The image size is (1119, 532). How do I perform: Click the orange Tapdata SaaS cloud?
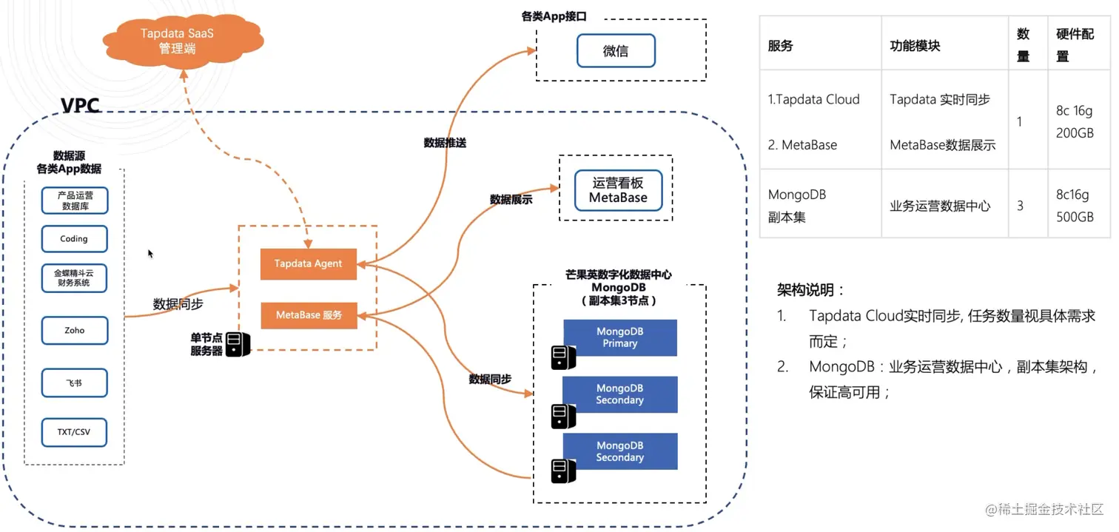(183, 41)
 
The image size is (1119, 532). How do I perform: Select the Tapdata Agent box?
(308, 263)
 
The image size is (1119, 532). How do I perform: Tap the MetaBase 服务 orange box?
(309, 315)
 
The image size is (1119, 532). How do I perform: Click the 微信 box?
(616, 50)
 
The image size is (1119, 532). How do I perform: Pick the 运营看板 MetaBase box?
(619, 190)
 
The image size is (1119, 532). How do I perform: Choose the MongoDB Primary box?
(620, 337)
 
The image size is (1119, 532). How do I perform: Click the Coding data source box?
(75, 239)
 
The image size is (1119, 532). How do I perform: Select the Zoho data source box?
(75, 330)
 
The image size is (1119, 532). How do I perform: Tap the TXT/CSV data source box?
(74, 432)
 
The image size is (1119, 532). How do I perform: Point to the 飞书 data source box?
(75, 383)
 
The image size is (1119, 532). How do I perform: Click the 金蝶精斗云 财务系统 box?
(74, 277)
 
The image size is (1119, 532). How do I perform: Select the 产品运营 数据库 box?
(75, 201)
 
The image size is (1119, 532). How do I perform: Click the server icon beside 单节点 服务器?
(238, 344)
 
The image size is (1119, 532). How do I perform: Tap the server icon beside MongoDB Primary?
(563, 357)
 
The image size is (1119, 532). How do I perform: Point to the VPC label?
(80, 105)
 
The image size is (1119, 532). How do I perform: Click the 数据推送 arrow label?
(445, 143)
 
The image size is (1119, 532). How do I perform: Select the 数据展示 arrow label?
(511, 200)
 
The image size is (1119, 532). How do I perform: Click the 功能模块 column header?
(915, 46)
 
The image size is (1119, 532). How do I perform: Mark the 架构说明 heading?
(810, 290)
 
